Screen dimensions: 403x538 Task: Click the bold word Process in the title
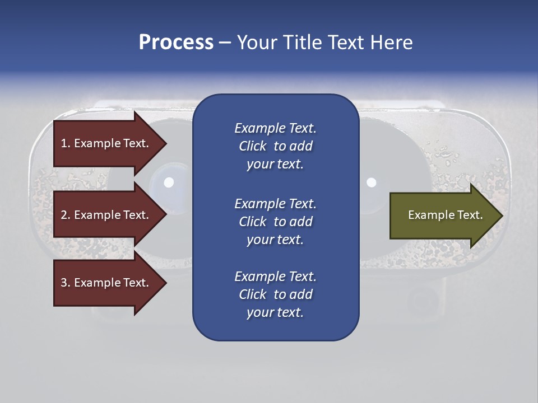point(176,43)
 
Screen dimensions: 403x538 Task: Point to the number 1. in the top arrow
point(66,143)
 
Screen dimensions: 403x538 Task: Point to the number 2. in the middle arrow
point(66,215)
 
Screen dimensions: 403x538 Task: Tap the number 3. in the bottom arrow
point(66,283)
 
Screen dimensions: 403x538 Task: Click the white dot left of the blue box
point(169,182)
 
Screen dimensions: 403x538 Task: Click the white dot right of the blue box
point(371,182)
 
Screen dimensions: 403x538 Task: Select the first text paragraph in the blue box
point(275,146)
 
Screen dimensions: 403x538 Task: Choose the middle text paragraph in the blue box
point(275,222)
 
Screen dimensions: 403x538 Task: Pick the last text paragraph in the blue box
point(275,294)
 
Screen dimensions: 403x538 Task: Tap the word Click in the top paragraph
point(252,146)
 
